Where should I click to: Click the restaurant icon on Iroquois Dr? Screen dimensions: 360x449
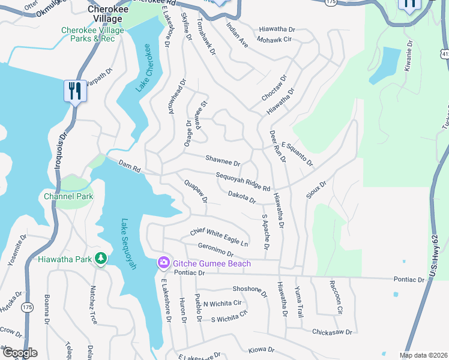pos(74,91)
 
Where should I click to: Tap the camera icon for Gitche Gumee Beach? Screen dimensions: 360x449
pos(163,263)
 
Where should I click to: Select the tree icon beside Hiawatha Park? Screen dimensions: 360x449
pos(101,259)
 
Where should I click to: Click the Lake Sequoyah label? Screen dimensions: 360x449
pos(128,244)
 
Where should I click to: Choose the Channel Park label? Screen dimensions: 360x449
pos(68,196)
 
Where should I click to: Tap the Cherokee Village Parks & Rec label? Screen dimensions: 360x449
pos(92,35)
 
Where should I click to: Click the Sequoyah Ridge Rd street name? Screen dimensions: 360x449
pos(243,181)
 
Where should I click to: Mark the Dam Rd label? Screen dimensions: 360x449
pos(129,167)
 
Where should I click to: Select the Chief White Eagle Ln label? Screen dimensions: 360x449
pos(219,237)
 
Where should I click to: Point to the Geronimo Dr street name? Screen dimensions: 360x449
pos(215,250)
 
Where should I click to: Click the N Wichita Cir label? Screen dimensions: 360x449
pos(222,304)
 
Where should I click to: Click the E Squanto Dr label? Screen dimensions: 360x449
pos(297,154)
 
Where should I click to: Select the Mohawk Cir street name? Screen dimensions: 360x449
pos(274,39)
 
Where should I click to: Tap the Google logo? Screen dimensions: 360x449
pos(20,353)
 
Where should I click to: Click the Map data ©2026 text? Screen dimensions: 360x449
pos(423,355)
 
